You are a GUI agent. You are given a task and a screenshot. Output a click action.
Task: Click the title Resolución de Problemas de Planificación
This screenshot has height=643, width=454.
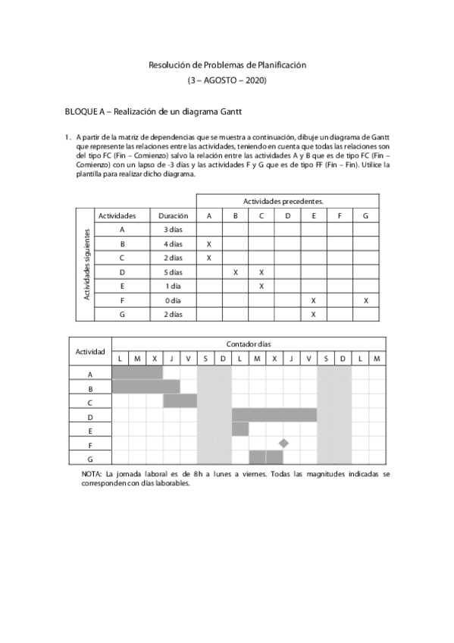[x=227, y=66]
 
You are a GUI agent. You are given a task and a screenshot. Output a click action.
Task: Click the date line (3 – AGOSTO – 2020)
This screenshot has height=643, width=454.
[x=227, y=80]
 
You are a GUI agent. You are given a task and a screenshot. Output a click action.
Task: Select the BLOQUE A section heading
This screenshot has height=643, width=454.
[x=153, y=111]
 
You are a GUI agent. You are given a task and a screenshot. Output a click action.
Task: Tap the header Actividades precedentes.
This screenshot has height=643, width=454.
[x=283, y=201]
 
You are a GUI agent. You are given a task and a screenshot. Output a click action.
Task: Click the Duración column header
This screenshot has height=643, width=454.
[x=173, y=215]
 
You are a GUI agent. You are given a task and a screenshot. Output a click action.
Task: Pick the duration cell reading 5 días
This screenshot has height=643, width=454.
[x=173, y=272]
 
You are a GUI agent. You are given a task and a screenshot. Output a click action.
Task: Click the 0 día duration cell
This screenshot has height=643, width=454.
[x=173, y=300]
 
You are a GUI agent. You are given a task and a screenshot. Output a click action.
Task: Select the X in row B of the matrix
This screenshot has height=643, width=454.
[x=208, y=244]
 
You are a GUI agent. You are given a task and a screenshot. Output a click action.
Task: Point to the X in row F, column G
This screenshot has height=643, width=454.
[x=365, y=300]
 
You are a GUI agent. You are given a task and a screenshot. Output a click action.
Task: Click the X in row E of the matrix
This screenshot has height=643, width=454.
[x=261, y=287]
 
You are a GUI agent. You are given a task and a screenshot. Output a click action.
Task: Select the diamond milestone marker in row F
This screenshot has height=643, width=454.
[x=283, y=443]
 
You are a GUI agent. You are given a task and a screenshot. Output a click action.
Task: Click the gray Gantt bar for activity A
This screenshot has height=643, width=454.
[x=137, y=372]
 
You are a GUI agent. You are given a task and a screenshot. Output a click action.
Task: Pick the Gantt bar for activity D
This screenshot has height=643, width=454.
[x=274, y=415]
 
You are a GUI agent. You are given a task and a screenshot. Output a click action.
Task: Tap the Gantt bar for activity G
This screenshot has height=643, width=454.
[x=266, y=457]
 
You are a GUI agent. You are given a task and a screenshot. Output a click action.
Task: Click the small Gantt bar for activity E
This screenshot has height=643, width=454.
[x=240, y=429]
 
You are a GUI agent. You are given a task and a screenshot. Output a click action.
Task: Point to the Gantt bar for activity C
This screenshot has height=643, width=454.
[x=180, y=400]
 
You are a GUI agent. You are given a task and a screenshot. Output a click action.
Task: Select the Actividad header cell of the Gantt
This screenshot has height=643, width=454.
[x=90, y=351]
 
